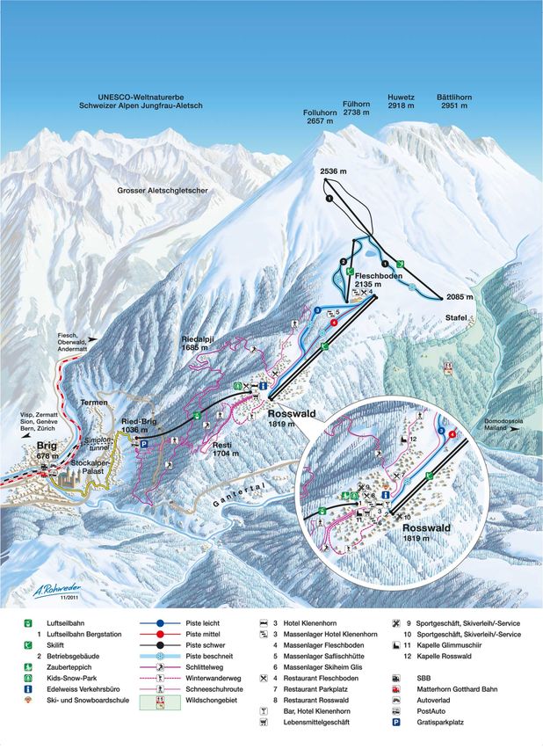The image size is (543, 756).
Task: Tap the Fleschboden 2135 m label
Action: click(378, 280)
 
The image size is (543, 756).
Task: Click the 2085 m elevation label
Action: click(460, 296)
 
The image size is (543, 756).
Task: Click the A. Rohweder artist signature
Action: click(33, 591)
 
